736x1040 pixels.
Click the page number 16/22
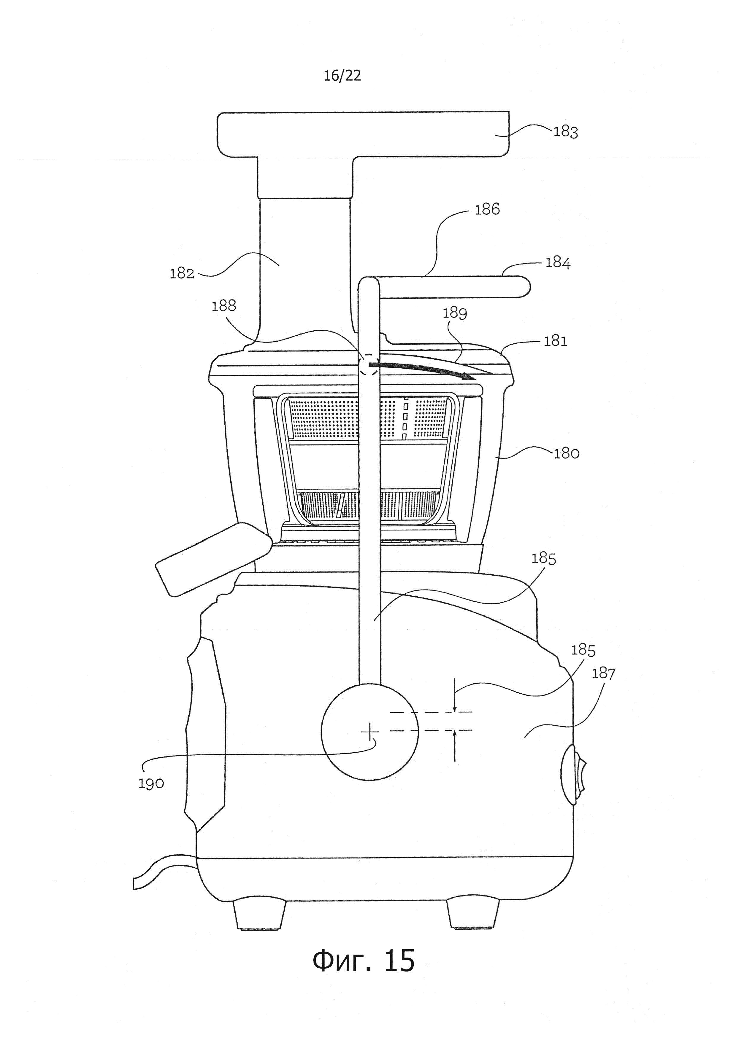pyautogui.click(x=342, y=76)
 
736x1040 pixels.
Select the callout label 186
pyautogui.click(x=487, y=209)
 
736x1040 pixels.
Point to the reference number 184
pyautogui.click(x=557, y=263)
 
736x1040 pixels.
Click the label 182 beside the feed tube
pyautogui.click(x=182, y=274)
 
